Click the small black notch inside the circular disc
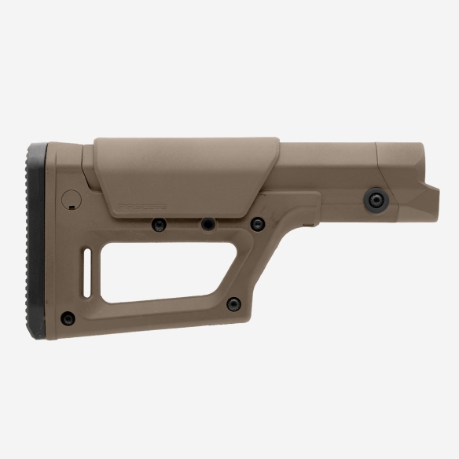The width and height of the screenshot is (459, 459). click(x=72, y=204)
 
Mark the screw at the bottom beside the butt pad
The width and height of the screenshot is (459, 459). click(x=69, y=318)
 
